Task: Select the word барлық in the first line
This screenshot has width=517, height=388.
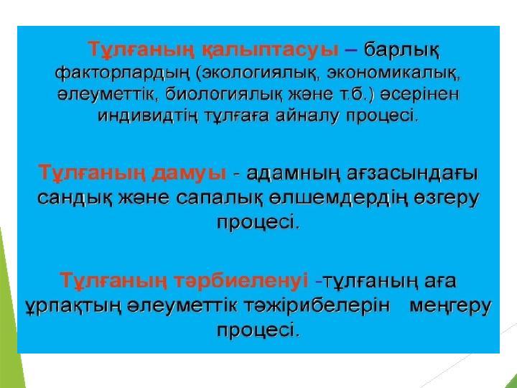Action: [402, 51]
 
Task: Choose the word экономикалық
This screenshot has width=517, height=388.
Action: [393, 73]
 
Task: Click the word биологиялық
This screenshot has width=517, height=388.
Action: [223, 95]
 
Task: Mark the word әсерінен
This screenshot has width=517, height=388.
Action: [419, 95]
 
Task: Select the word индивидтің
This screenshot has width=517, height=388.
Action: [148, 116]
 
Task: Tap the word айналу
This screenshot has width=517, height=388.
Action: [307, 116]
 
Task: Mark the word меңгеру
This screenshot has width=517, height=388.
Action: [450, 307]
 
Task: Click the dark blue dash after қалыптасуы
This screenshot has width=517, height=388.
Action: [351, 51]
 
